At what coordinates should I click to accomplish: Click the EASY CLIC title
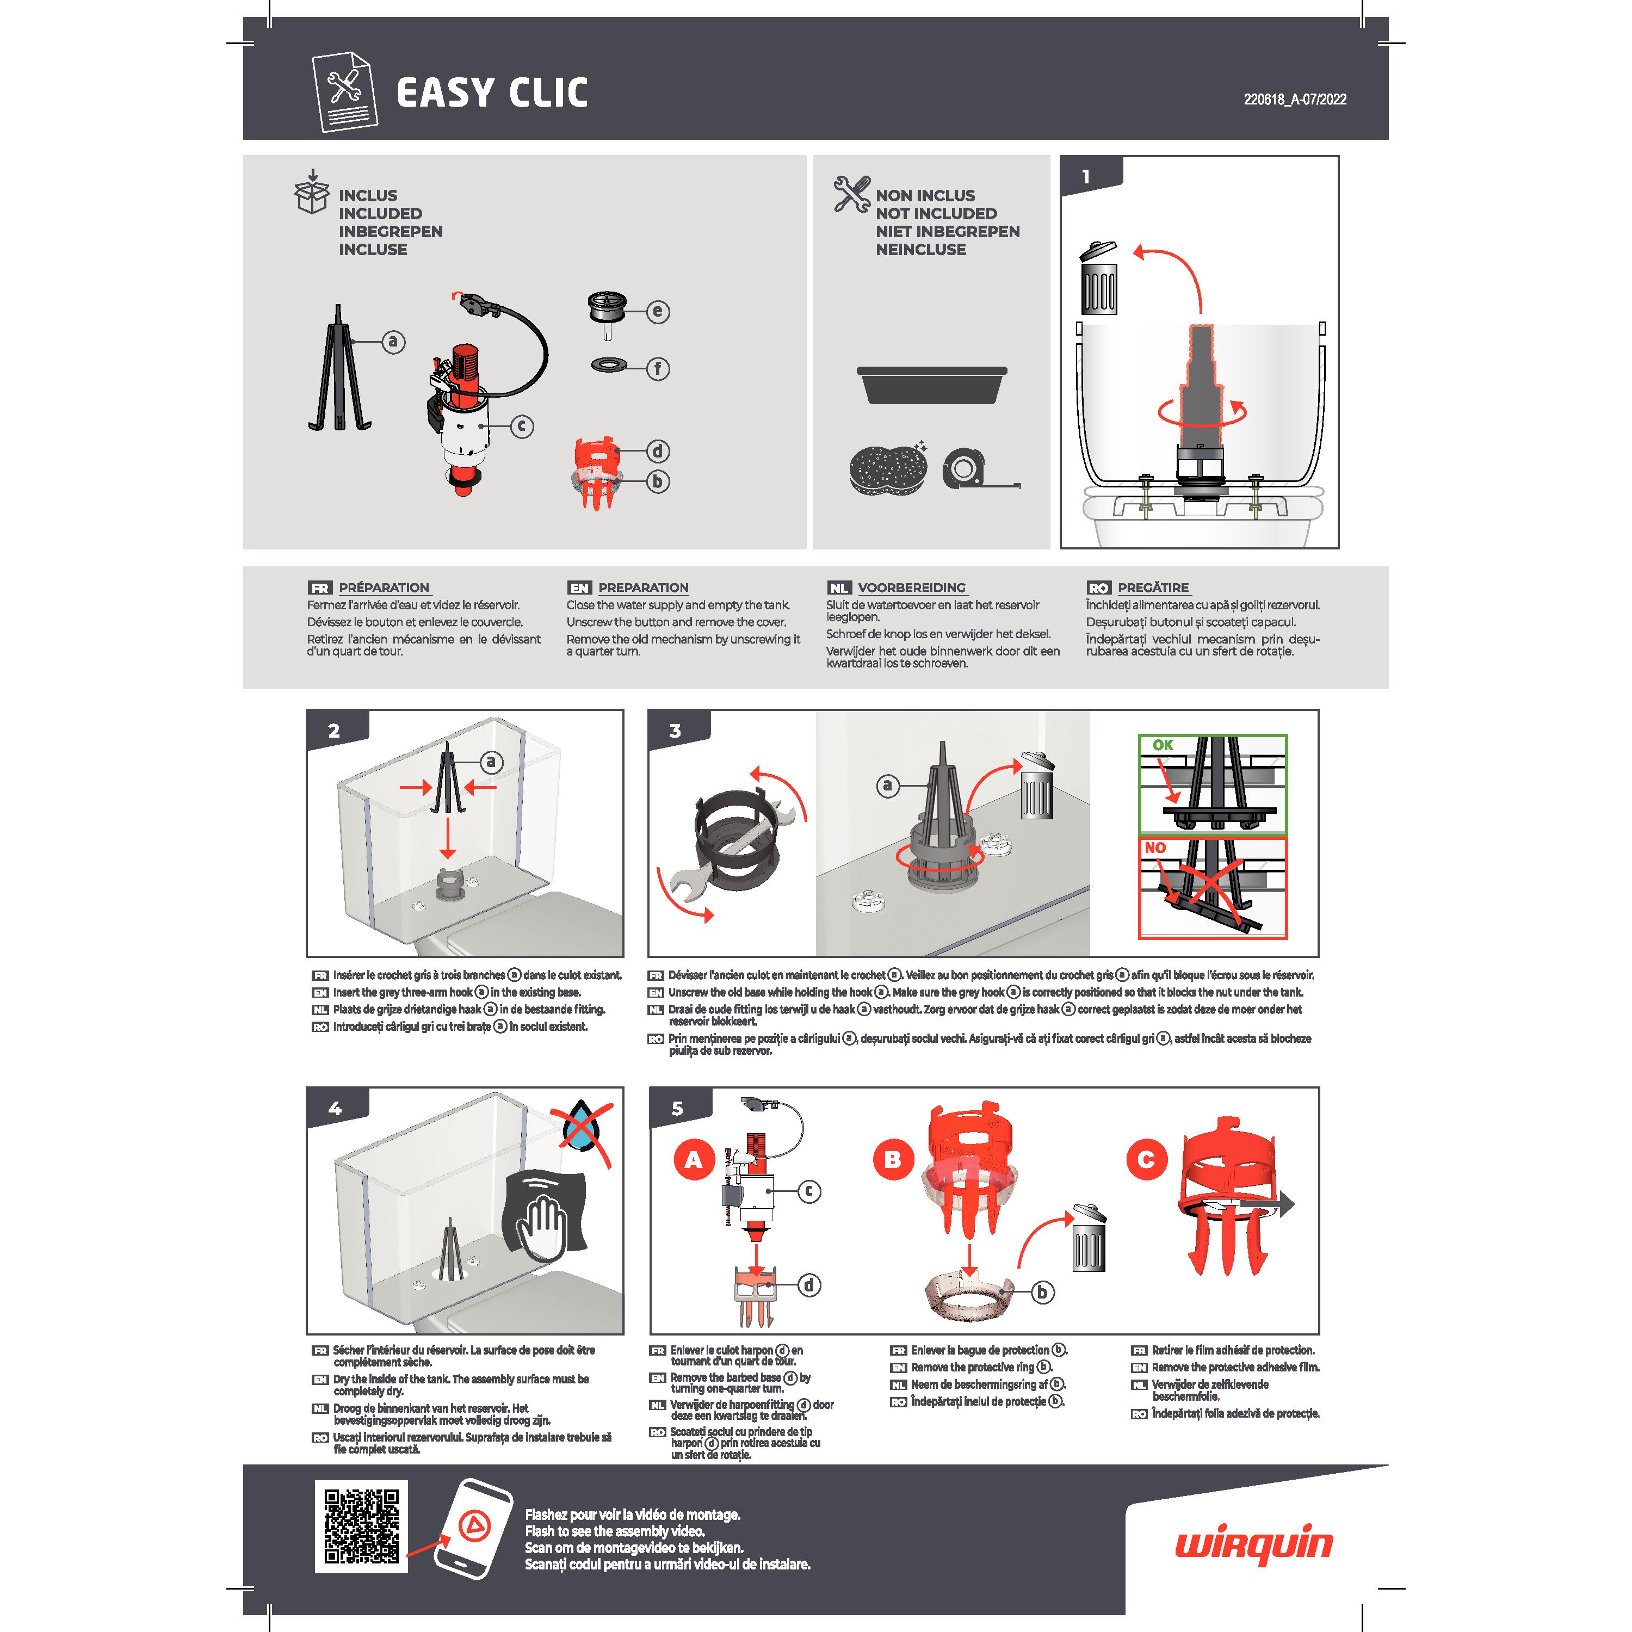[492, 93]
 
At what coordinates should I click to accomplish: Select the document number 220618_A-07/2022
[1295, 99]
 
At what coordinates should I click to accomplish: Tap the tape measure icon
[980, 468]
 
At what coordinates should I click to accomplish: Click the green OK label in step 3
[1163, 745]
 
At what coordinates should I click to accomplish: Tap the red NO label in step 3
[1155, 847]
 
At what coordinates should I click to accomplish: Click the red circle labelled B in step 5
[892, 1160]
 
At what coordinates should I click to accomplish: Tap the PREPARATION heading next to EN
[644, 587]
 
